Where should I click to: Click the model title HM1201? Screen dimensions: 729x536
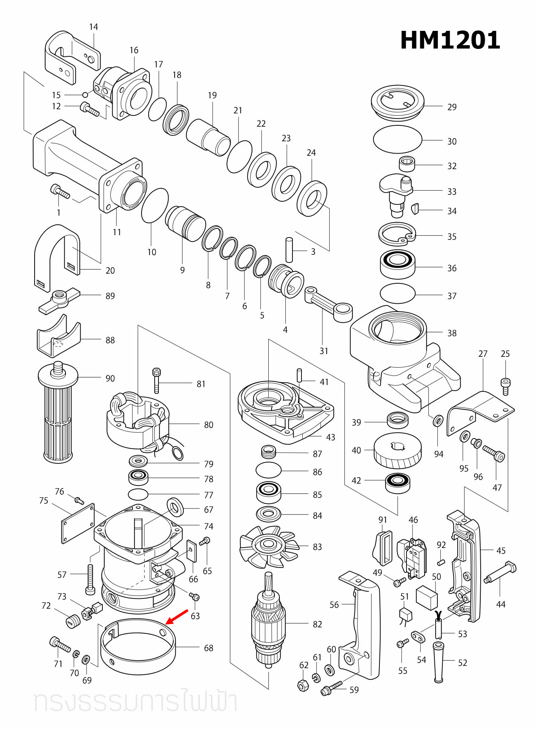coord(450,40)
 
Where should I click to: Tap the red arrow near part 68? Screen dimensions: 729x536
coord(177,617)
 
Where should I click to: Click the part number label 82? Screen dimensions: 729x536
coord(317,624)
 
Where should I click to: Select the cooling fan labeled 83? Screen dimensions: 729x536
coord(268,546)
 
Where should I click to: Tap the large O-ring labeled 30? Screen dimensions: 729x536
coord(397,140)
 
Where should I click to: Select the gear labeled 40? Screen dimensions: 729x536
coord(397,452)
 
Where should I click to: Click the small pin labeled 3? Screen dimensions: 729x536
coord(289,250)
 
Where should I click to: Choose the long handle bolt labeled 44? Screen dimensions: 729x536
coord(501,574)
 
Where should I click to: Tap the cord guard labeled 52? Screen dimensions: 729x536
coord(438,662)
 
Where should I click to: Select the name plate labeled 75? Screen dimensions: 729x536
coord(78,524)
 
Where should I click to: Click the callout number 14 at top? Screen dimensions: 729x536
coord(93,27)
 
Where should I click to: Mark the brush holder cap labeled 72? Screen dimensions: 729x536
coord(73,621)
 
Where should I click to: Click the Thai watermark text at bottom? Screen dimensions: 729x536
coord(136,702)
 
